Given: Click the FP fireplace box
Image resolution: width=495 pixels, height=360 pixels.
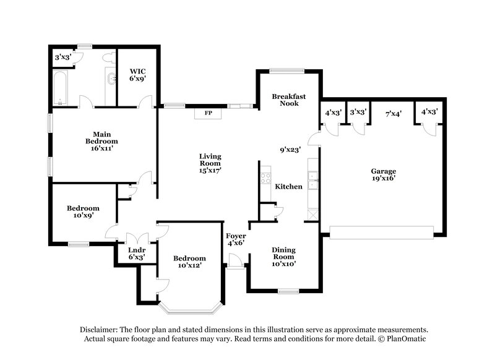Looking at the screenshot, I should click(x=207, y=113).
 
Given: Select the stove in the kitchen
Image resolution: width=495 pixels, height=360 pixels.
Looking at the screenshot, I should click(x=265, y=178).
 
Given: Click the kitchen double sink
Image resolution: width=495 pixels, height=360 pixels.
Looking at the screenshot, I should click(x=314, y=179).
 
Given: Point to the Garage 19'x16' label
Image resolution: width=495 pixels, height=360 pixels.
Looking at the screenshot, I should click(x=383, y=174).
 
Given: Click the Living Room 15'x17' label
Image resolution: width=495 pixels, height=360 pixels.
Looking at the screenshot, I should click(x=210, y=163).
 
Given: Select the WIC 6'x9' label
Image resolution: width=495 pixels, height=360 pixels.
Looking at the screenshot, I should click(x=137, y=75).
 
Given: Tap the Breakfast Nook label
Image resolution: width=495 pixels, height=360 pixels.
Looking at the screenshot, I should click(x=285, y=100).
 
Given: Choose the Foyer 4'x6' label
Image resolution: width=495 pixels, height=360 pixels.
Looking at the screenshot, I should click(x=236, y=239).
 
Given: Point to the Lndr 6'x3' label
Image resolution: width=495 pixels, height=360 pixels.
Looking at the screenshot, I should click(x=136, y=252).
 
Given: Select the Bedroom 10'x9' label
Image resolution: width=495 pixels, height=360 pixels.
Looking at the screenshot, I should click(x=83, y=212).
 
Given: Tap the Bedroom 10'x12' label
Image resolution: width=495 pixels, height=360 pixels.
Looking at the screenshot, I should click(x=189, y=262).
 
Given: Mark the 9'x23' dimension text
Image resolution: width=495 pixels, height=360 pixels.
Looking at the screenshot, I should click(x=290, y=149).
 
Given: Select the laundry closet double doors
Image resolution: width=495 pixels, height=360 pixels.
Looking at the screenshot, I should click(x=136, y=236).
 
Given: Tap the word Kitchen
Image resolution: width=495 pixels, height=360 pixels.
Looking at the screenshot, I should click(x=288, y=186).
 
